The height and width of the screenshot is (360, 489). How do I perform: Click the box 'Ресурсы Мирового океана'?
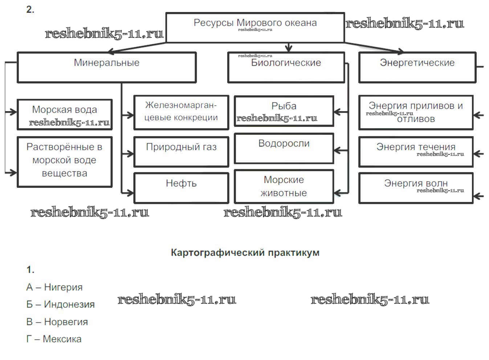[255, 28]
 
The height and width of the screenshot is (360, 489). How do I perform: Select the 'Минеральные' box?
[106, 67]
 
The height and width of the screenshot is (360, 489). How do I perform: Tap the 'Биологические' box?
[286, 67]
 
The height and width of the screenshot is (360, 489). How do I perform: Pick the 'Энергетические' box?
[417, 67]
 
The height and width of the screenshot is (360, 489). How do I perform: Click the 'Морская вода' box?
[64, 114]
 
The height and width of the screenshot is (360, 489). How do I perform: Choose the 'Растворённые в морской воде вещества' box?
[64, 162]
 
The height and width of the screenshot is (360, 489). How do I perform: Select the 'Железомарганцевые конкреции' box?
[181, 112]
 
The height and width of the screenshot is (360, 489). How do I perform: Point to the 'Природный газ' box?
[181, 151]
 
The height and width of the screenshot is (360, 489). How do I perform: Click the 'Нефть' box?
[181, 187]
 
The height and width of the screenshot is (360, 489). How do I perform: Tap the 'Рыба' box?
[284, 111]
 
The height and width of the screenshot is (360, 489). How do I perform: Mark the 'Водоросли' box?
[284, 148]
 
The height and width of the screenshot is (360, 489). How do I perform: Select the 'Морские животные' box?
[284, 186]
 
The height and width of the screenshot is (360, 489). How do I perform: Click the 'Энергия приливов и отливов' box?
[416, 112]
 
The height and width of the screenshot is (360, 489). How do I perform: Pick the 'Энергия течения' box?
[416, 151]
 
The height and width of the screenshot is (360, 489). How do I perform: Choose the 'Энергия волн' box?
[416, 187]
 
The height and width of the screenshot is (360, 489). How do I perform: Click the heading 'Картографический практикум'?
[245, 252]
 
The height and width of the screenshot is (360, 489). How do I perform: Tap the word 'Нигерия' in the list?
[63, 287]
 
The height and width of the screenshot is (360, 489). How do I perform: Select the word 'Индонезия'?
[69, 304]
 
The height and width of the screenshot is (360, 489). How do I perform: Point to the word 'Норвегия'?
[66, 322]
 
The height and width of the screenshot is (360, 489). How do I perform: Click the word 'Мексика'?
[62, 339]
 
